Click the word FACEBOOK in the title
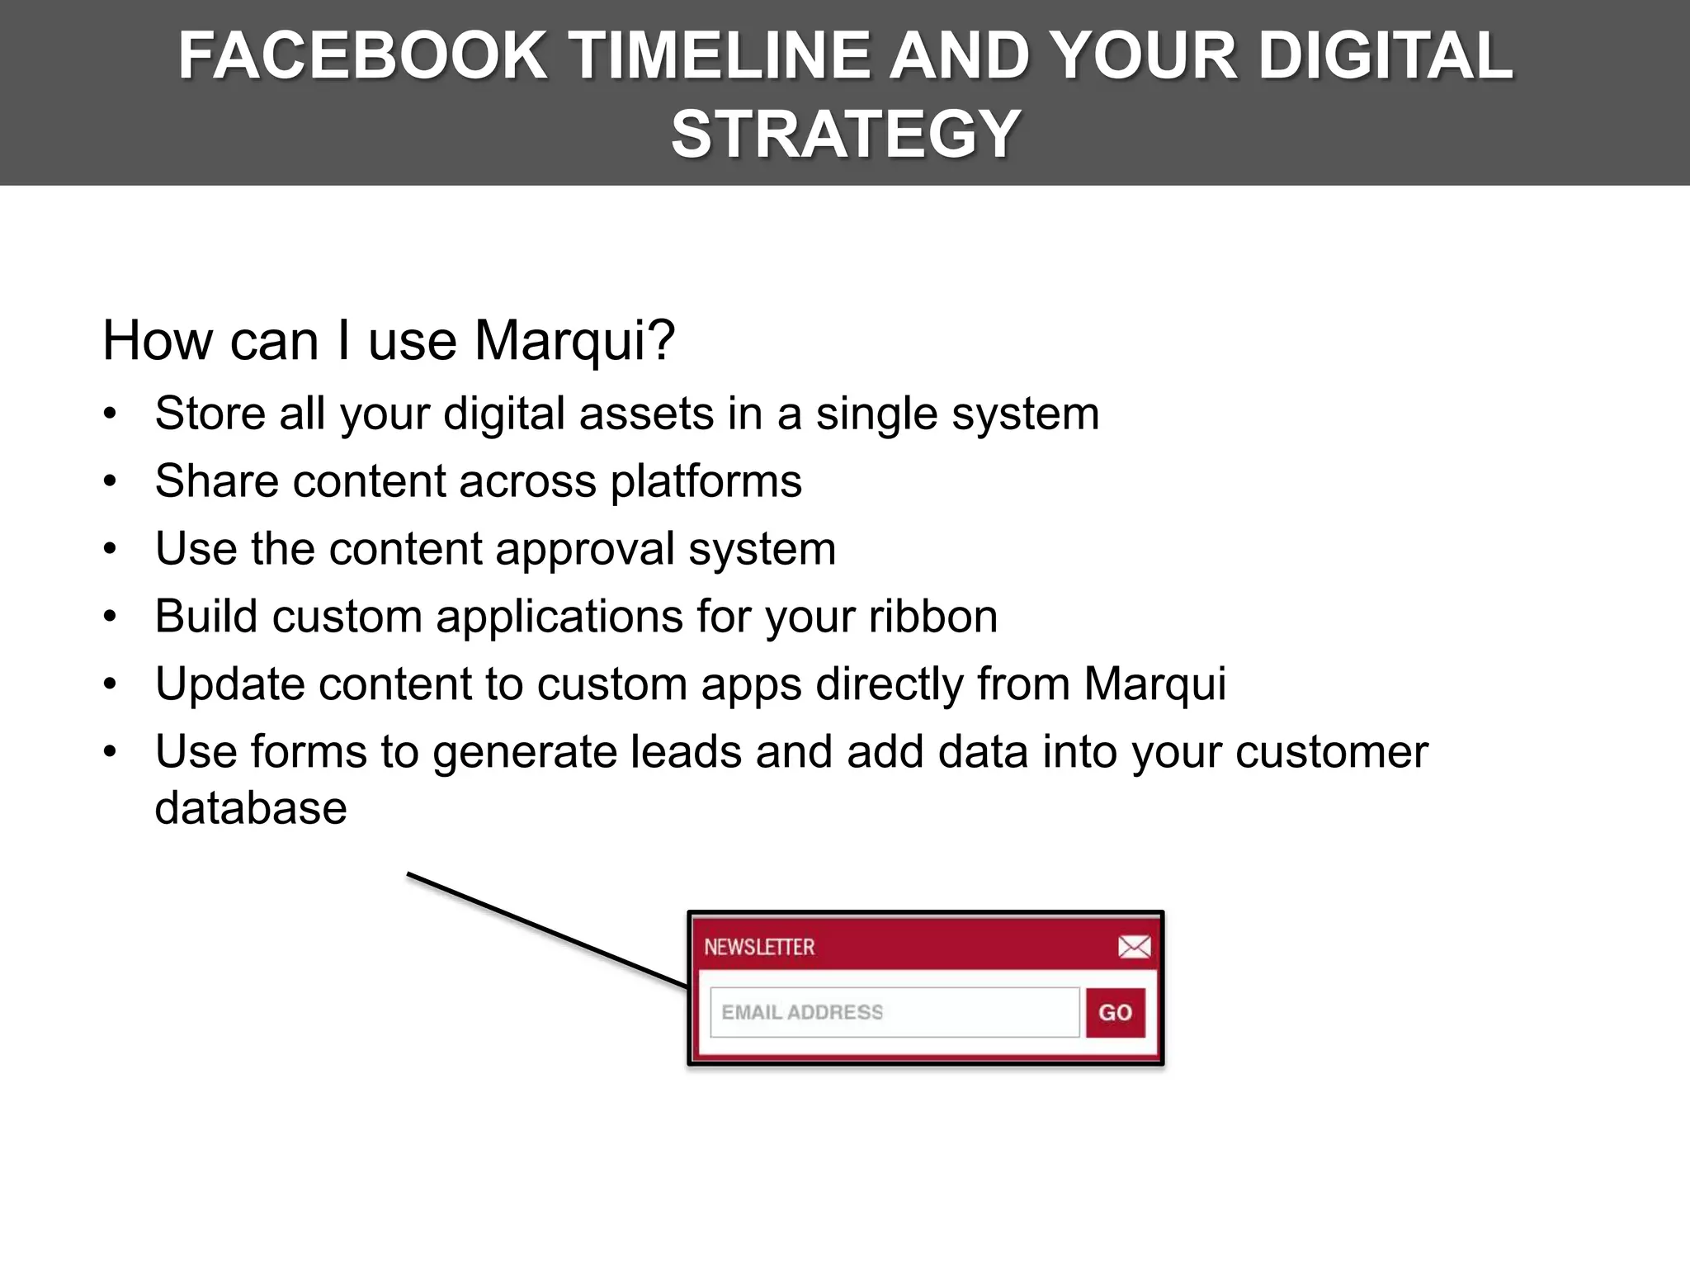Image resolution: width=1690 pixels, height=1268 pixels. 362,56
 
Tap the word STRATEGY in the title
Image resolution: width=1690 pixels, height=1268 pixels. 846,135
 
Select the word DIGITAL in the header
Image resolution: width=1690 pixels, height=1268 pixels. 1386,56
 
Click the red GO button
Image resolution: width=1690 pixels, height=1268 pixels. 1115,1012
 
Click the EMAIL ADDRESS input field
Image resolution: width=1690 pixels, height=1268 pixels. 894,1012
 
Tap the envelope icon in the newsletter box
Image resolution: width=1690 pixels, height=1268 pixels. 1134,947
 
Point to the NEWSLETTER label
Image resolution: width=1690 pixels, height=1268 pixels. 759,947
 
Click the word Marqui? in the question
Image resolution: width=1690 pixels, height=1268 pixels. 574,341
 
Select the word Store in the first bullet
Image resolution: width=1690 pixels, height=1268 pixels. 210,414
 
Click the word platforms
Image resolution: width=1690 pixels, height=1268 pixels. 706,482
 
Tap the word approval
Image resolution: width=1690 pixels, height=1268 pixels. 584,550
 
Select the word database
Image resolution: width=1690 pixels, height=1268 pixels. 251,808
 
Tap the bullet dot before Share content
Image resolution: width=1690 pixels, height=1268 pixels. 111,481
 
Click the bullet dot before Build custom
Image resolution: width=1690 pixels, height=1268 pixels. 111,617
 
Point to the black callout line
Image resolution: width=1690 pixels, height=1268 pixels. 547,930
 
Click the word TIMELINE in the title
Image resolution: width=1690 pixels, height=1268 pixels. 718,56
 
